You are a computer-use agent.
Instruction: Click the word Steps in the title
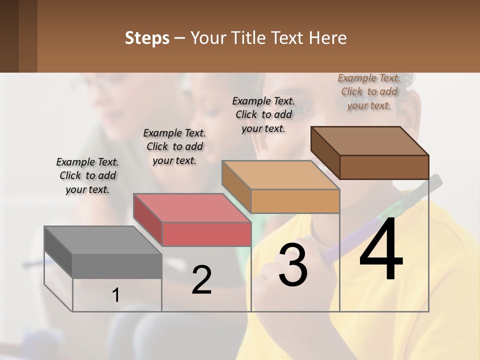(147, 38)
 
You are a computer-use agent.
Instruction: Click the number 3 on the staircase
(293, 265)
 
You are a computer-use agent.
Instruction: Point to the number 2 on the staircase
(202, 280)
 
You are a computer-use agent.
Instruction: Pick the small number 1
(116, 295)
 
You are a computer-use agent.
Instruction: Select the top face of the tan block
(280, 175)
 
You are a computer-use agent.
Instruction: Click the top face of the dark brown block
(369, 140)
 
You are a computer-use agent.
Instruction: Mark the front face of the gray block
(117, 266)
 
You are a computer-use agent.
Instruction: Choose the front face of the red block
(206, 234)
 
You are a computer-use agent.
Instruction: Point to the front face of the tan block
(295, 201)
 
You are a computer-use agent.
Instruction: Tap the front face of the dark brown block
(384, 167)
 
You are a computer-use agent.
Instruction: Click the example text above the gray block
(87, 176)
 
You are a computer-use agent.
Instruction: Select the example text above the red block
(174, 147)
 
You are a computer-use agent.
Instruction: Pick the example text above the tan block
(263, 114)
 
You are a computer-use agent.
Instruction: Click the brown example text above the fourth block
(369, 91)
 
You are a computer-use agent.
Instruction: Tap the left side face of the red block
(148, 220)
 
